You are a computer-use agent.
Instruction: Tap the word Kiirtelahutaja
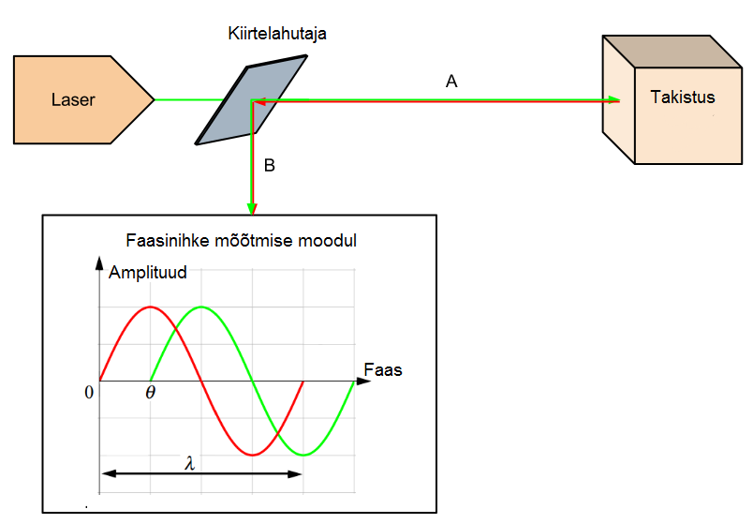[x=277, y=34]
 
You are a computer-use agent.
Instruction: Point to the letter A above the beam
[x=450, y=82]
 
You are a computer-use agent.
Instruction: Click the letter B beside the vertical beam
[x=270, y=166]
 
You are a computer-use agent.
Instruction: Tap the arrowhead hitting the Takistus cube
[x=614, y=99]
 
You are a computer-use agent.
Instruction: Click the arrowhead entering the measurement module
[x=251, y=207]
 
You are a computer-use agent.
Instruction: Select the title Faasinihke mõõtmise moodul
[x=241, y=241]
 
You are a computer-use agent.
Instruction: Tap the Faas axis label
[x=382, y=369]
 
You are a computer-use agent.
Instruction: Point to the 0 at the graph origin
[x=90, y=392]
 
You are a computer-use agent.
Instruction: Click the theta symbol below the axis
[x=150, y=392]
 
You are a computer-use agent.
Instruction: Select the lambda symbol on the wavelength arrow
[x=190, y=464]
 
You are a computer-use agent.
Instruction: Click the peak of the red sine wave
[x=150, y=307]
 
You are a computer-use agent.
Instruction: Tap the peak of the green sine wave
[x=201, y=307]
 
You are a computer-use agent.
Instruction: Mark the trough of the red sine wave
[x=252, y=455]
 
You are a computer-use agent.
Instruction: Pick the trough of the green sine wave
[x=303, y=455]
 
